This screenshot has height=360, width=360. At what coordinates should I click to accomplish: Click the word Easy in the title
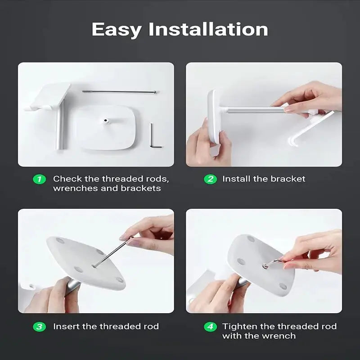(x=117, y=30)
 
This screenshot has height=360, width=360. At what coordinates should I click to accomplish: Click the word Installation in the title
(x=208, y=29)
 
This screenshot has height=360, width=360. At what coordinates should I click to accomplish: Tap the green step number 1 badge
(x=40, y=179)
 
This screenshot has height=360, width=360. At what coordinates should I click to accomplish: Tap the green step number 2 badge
(x=211, y=179)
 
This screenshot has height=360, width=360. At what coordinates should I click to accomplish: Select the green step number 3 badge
(x=40, y=327)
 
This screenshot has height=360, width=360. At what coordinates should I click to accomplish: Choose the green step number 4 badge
(x=211, y=327)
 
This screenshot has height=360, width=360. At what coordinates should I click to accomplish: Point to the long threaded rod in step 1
(x=119, y=92)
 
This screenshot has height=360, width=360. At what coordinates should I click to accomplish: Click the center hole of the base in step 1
(x=106, y=120)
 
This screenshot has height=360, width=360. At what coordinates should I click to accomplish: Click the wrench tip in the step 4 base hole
(x=265, y=266)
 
